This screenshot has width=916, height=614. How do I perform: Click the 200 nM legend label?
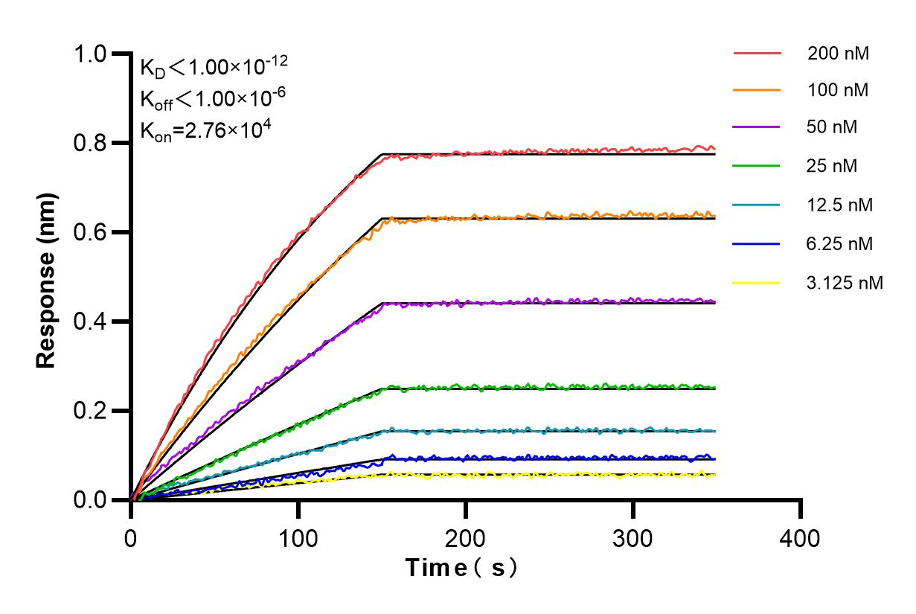[838, 54]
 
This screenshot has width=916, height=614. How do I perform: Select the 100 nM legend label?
[838, 91]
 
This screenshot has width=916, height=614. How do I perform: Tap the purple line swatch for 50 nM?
[757, 127]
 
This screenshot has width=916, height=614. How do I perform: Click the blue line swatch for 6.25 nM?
[757, 243]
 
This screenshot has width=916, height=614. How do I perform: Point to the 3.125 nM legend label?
[845, 283]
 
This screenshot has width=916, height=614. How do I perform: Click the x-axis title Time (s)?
[461, 568]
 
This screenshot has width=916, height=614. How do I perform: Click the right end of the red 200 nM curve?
[714, 149]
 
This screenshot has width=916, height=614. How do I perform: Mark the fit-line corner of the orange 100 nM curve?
[382, 219]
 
